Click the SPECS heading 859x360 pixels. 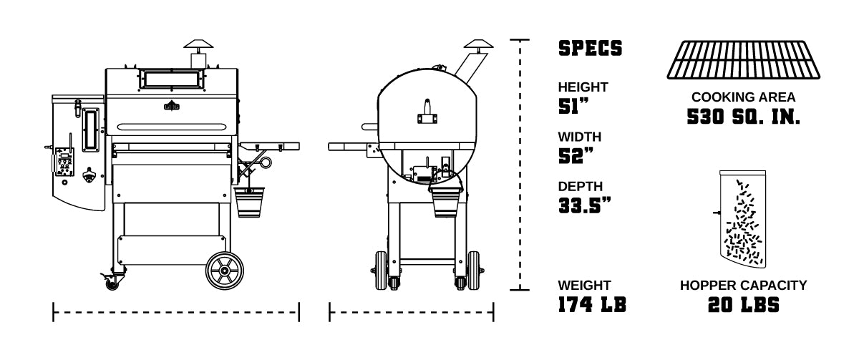[590, 48]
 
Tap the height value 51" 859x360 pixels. [573, 106]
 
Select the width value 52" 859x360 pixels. [576, 155]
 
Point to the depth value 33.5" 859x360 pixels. [585, 205]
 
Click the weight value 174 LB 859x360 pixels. [592, 304]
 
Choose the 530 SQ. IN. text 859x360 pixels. [743, 117]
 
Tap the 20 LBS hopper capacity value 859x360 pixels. [743, 305]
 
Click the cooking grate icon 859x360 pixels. [743, 60]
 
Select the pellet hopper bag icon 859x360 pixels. [742, 219]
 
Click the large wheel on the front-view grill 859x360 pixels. [225, 271]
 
